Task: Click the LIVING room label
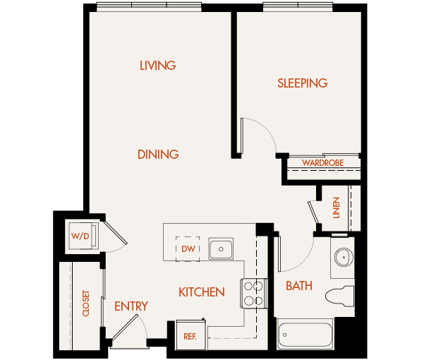157,66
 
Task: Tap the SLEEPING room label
302,83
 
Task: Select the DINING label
158,154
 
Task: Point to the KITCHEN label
202,292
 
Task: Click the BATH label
299,286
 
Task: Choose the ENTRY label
131,306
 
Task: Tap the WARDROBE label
322,163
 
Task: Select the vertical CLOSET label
86,304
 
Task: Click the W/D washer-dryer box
79,236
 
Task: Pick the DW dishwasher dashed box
188,248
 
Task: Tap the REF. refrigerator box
190,336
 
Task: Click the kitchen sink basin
221,249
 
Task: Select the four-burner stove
255,293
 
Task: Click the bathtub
305,335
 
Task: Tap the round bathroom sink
344,257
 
